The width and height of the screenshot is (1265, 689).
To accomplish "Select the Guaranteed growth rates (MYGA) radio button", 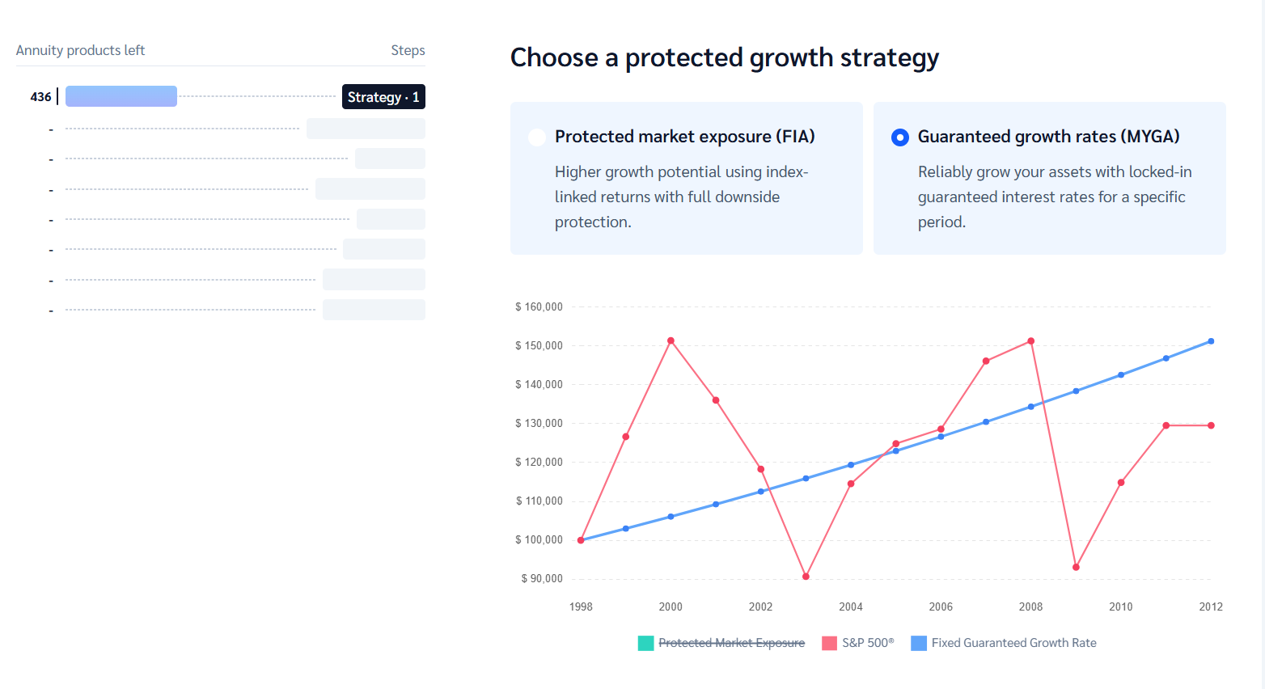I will (x=899, y=137).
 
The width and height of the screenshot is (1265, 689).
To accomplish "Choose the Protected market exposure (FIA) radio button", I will (x=536, y=137).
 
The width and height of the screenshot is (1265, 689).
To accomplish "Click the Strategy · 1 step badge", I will (x=383, y=97).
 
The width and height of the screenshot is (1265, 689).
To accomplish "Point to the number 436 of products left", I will (x=40, y=97).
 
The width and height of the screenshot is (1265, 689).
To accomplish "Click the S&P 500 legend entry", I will (x=859, y=643).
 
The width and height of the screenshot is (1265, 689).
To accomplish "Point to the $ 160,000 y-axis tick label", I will (x=539, y=307).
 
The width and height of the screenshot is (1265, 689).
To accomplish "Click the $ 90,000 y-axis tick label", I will (x=542, y=579).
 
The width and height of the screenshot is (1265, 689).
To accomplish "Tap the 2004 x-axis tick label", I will (x=850, y=607).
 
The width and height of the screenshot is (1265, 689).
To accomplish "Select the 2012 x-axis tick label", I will (x=1210, y=607).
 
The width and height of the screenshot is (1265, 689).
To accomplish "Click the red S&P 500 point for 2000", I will (x=671, y=341).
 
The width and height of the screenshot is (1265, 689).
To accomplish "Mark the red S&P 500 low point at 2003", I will (x=806, y=577).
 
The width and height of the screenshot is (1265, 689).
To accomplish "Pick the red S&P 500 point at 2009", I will (x=1076, y=567).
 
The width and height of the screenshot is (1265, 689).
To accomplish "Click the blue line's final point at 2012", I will (x=1211, y=341).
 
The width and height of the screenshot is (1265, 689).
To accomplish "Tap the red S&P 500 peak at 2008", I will (x=1030, y=341).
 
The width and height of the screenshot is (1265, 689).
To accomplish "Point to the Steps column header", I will (x=408, y=50).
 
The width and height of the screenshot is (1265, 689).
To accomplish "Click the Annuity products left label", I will (x=80, y=50).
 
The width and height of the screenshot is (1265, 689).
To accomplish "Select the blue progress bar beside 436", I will (x=121, y=96).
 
